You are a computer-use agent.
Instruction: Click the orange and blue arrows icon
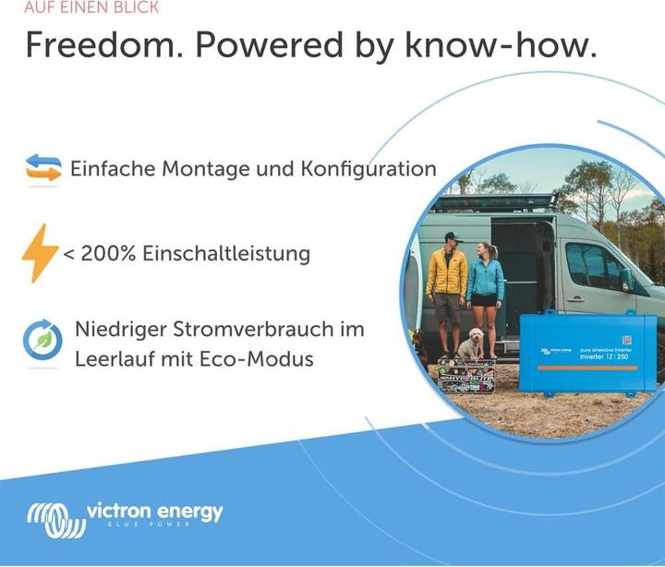click(x=42, y=168)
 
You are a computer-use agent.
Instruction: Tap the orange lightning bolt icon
click(x=40, y=252)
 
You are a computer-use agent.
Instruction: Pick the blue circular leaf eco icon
click(x=42, y=341)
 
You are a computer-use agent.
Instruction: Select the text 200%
click(x=109, y=254)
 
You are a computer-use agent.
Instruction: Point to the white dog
click(x=470, y=346)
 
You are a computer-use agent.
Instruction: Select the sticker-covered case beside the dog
click(x=465, y=377)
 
